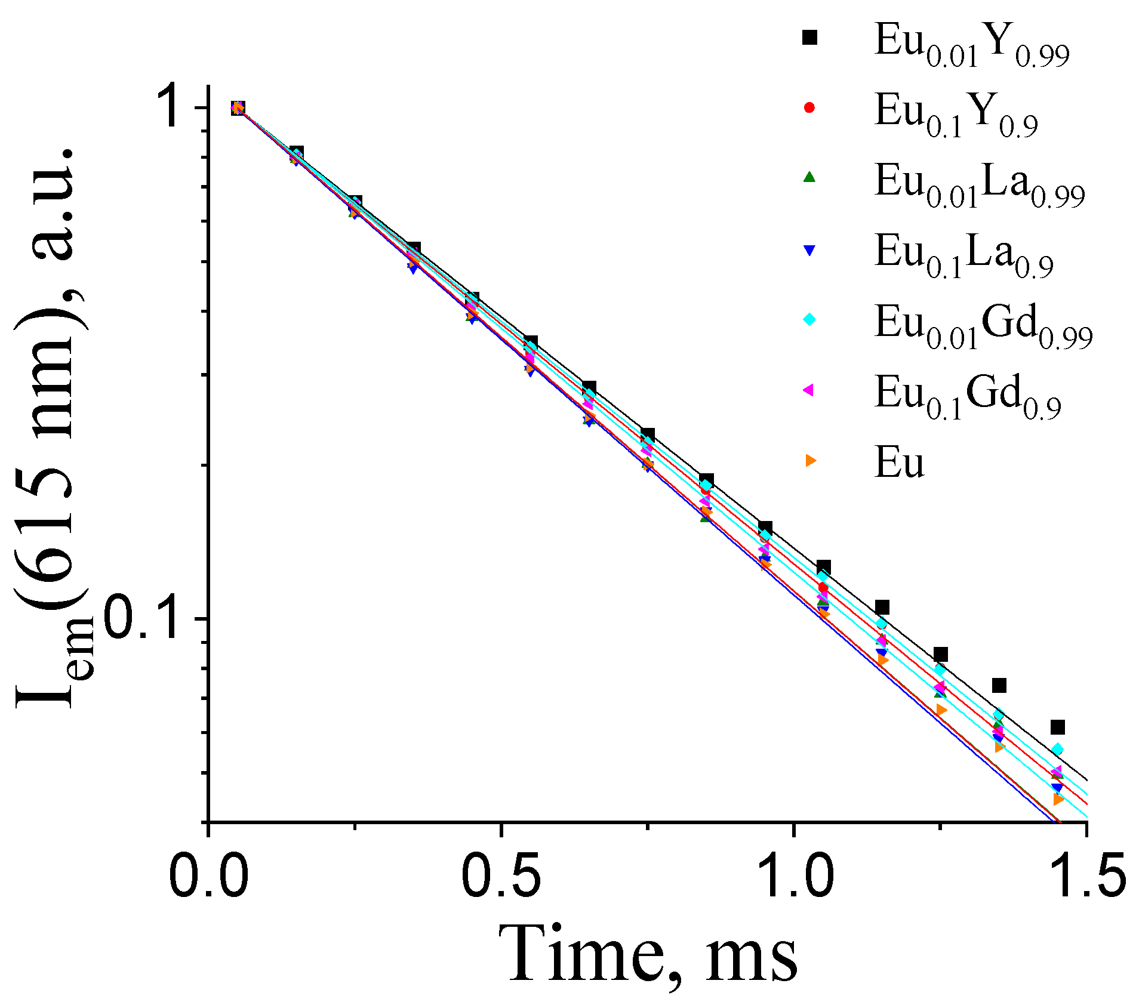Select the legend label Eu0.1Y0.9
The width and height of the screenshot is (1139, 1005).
(x=956, y=115)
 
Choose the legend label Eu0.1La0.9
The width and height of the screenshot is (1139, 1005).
(x=963, y=256)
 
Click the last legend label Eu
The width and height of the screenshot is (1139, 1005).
(x=899, y=463)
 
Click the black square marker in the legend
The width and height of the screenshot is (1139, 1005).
(x=809, y=38)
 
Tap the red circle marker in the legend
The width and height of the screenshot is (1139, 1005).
(x=809, y=107)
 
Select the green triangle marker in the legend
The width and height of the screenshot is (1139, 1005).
(x=809, y=177)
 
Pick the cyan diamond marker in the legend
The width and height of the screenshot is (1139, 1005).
(x=809, y=319)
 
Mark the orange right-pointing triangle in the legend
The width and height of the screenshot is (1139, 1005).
(x=810, y=460)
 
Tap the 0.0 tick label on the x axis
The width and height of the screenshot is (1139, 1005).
(x=208, y=877)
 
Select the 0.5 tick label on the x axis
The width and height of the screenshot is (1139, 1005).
(x=501, y=877)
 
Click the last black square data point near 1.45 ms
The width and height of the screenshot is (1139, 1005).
(x=1058, y=727)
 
